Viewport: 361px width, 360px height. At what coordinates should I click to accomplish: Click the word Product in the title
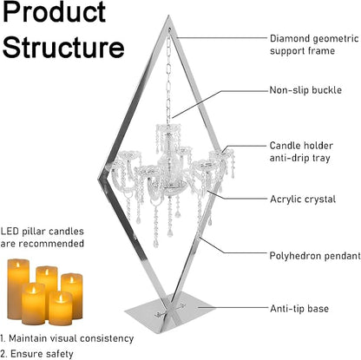coord(55,11)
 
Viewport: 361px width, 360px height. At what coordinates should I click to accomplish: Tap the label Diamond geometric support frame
coord(314,44)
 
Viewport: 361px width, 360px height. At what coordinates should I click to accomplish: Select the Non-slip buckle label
coord(305,90)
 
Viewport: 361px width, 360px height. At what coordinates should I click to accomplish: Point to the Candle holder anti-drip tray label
coord(301,152)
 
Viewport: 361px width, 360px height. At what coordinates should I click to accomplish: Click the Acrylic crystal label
coord(303,200)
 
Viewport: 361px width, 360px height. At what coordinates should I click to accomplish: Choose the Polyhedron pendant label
coord(315,256)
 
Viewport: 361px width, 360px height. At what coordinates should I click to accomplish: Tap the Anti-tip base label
coord(299,309)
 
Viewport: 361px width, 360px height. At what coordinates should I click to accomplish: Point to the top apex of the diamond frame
coord(168,16)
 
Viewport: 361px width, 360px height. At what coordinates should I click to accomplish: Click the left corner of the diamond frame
coord(100,179)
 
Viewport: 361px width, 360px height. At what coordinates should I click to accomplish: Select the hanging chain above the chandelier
coord(168,77)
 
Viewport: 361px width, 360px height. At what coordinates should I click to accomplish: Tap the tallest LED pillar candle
coord(18,288)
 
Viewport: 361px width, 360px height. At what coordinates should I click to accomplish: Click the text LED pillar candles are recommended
coord(42,238)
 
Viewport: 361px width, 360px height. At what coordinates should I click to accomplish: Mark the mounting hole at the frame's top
coord(169,29)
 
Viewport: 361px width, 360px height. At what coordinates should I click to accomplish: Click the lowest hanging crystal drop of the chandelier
coord(156,244)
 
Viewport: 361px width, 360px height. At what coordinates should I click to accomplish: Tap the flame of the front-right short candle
coord(61,298)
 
